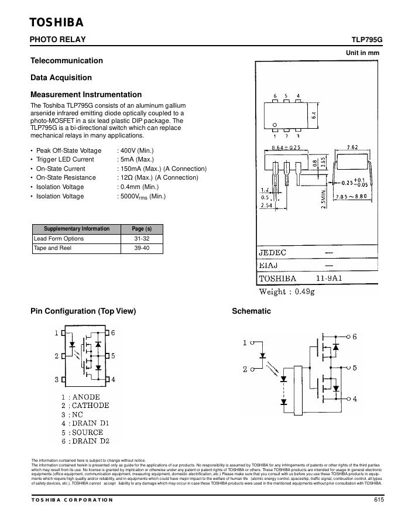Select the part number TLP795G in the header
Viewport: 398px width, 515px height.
click(x=366, y=40)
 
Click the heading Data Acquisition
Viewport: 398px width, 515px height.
click(x=61, y=77)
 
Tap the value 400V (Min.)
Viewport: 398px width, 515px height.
click(x=136, y=150)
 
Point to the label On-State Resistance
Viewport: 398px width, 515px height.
click(x=66, y=177)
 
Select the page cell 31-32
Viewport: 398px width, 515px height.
click(x=141, y=239)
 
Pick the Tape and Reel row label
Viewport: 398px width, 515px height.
click(x=53, y=248)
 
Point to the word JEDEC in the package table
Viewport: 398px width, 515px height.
click(x=273, y=253)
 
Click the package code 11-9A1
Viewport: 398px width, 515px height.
click(x=329, y=279)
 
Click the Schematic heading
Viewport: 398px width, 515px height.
click(x=251, y=311)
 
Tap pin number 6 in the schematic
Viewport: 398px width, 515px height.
click(x=354, y=337)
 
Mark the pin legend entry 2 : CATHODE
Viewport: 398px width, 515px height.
click(x=85, y=405)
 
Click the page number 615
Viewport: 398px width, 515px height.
click(x=378, y=500)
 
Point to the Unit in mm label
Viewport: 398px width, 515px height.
click(x=363, y=53)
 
